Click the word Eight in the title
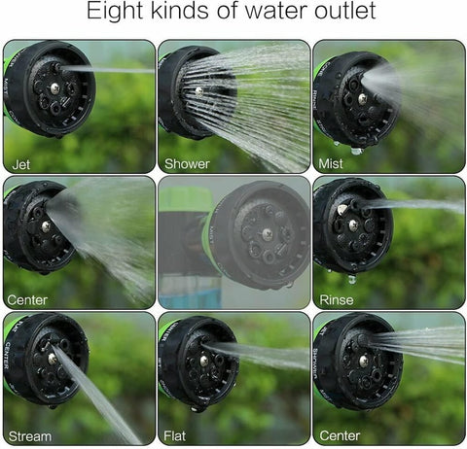[115, 11]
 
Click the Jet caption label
[21, 165]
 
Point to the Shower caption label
[187, 164]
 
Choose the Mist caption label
[331, 163]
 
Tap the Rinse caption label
[337, 300]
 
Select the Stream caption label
[30, 436]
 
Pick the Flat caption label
[175, 436]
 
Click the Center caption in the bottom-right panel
[340, 435]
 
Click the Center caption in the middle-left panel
[27, 300]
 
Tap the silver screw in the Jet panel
[55, 87]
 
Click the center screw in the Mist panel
[363, 99]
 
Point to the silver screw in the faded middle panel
[268, 232]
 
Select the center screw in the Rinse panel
[353, 224]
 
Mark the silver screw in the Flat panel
[204, 361]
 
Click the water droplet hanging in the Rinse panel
[352, 279]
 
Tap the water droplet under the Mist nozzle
[356, 151]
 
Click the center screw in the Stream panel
[53, 359]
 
